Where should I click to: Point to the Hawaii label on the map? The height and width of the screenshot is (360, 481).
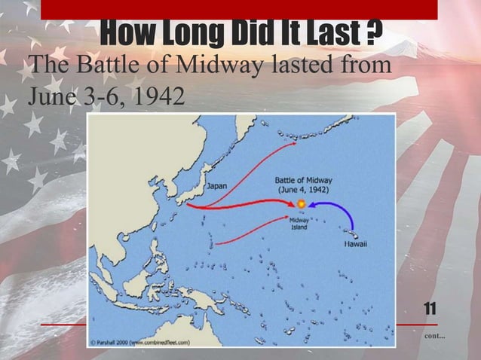356,246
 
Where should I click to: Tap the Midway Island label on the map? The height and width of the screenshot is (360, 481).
299,224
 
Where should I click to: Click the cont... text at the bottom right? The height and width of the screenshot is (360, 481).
435,334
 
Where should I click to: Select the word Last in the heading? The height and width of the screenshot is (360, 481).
332,32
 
